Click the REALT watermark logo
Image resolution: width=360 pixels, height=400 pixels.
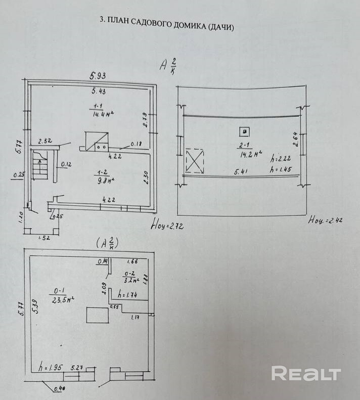[306, 374]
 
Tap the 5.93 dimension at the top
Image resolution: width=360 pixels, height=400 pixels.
[100, 76]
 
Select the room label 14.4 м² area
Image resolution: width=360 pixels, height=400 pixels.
[103, 114]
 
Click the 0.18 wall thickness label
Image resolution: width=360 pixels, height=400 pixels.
[136, 145]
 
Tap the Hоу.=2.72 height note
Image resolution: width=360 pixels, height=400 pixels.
[167, 226]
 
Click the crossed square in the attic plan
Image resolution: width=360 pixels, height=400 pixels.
[195, 160]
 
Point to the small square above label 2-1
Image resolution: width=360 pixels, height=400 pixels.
[245, 131]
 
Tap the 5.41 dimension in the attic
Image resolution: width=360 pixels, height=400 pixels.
[242, 172]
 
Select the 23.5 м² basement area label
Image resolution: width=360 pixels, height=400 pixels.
[63, 299]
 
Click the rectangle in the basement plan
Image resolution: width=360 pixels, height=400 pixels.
[97, 315]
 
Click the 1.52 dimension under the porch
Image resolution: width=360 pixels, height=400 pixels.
[44, 238]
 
